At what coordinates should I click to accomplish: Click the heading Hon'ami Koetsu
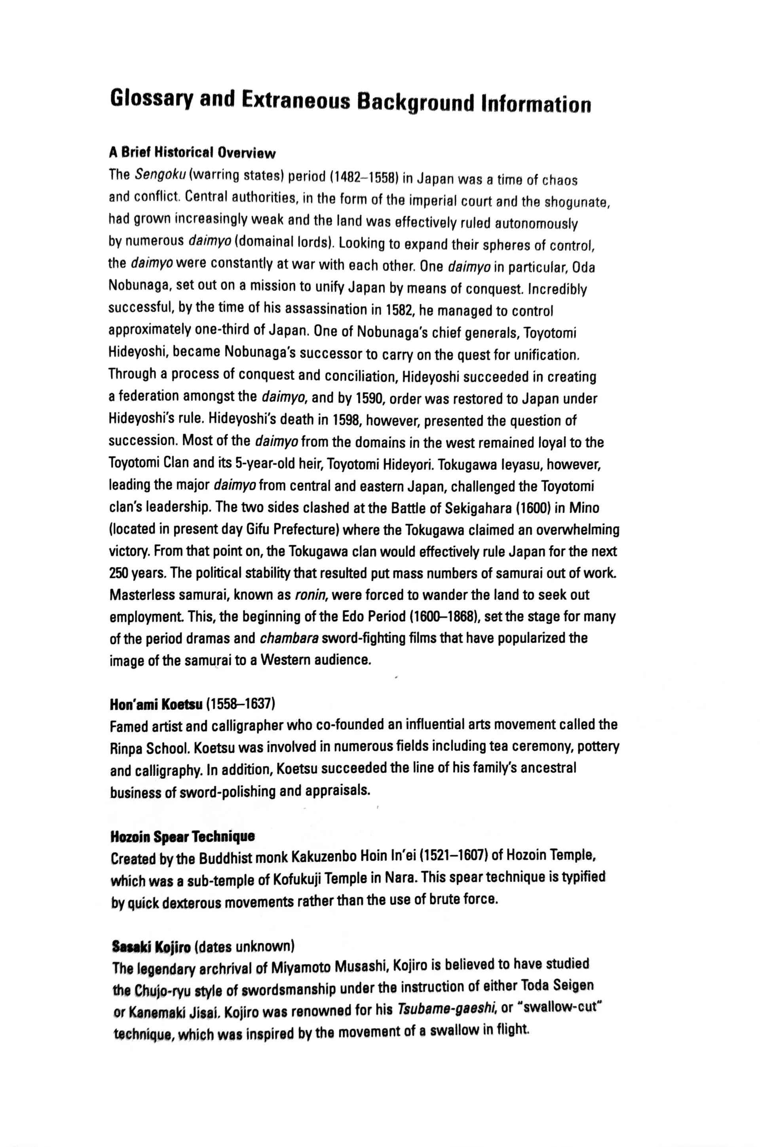pyautogui.click(x=156, y=704)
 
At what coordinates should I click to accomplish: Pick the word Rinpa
pyautogui.click(x=125, y=748)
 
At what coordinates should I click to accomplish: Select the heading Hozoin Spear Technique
pyautogui.click(x=182, y=837)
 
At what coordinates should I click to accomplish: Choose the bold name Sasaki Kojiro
pyautogui.click(x=151, y=946)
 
